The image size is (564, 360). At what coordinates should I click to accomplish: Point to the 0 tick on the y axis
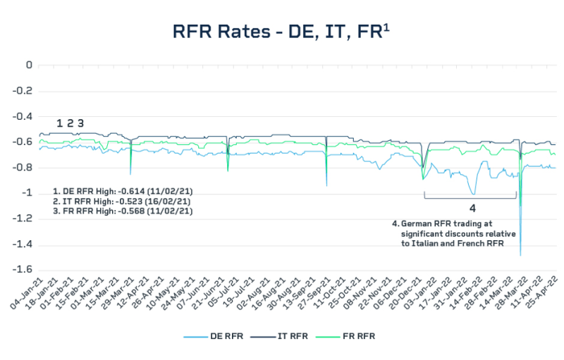pos(29,65)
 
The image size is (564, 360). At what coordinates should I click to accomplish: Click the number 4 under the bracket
pos(472,208)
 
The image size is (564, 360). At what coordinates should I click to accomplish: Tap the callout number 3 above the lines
pos(80,123)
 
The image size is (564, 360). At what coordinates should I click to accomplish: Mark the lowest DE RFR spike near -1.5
pos(520,254)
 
